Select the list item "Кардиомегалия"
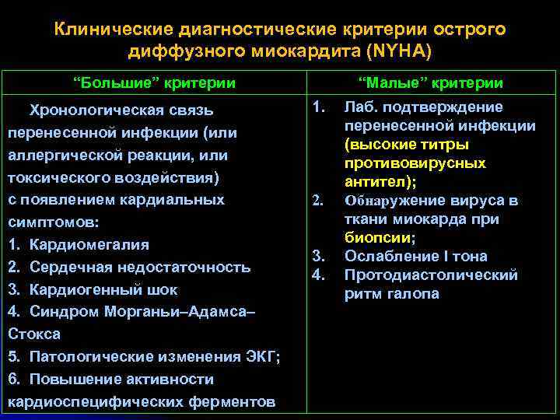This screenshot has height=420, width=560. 89,245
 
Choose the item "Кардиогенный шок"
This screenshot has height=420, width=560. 103,289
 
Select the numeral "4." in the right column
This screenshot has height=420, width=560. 318,275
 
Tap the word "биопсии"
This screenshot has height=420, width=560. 378,238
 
